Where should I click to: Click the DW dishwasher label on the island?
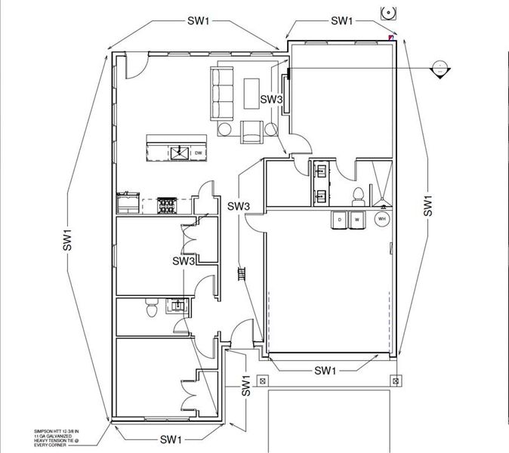coord(199,153)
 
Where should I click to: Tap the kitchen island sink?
coord(180,153)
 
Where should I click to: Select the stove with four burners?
coord(167,204)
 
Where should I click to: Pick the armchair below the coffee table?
coord(251,131)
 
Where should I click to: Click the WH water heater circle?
coord(381,219)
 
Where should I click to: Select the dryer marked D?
coord(340,219)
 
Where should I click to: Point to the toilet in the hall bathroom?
coord(151,308)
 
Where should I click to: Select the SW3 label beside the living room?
coord(272,99)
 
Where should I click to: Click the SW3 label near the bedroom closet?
coord(184,261)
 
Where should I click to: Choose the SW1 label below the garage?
coord(325,371)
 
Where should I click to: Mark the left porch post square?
coord(262,381)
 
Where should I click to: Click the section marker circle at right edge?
coord(438,69)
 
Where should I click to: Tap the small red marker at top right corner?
coord(390,36)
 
